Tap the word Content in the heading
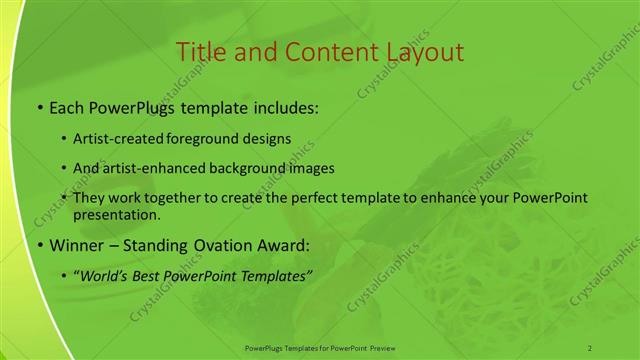tap(322, 52)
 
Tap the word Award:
tap(282, 245)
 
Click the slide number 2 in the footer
tap(590, 347)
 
